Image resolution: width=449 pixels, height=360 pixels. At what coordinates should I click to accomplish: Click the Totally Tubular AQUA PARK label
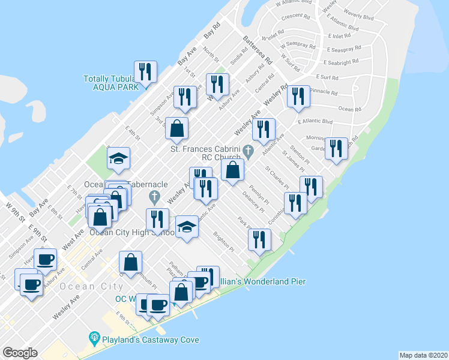(111, 82)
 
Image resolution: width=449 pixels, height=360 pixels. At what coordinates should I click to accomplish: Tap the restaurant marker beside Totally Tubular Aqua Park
(145, 72)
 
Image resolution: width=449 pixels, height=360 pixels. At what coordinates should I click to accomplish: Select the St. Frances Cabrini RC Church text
(205, 153)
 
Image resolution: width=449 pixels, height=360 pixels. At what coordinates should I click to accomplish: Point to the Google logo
(20, 352)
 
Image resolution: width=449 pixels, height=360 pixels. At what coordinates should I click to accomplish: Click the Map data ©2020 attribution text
(423, 355)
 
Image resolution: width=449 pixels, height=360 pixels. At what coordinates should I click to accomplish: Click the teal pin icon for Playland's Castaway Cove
(94, 338)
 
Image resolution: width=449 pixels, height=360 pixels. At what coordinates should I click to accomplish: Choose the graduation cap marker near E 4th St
(119, 158)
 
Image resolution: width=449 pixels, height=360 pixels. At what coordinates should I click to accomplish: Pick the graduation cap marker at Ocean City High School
(187, 227)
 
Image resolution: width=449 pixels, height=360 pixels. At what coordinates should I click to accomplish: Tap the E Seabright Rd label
(342, 62)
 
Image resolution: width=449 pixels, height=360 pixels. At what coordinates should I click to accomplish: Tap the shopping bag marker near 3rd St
(177, 128)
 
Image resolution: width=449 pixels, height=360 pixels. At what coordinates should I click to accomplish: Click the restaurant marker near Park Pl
(259, 240)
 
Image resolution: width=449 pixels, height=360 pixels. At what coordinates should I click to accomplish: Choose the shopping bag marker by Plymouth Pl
(130, 262)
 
